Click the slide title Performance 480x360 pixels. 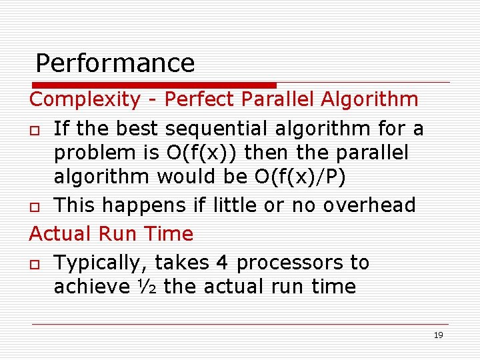point(115,63)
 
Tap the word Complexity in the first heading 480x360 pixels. point(85,100)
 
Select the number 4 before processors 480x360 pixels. point(222,263)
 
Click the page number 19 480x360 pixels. point(438,335)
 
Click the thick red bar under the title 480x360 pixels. point(153,85)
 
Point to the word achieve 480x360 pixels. point(92,287)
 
